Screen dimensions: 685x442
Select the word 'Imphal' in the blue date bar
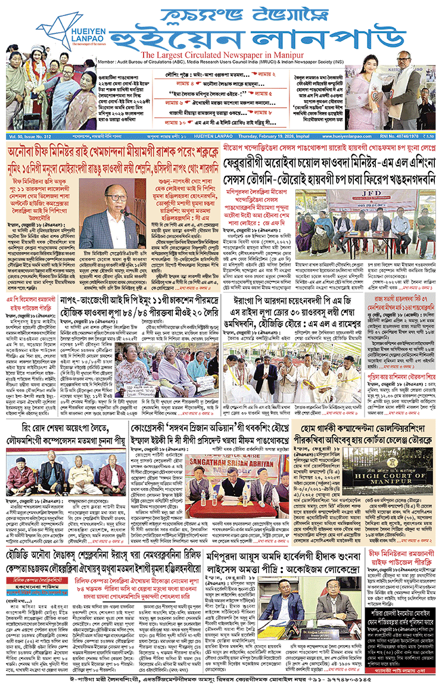point(301,137)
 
